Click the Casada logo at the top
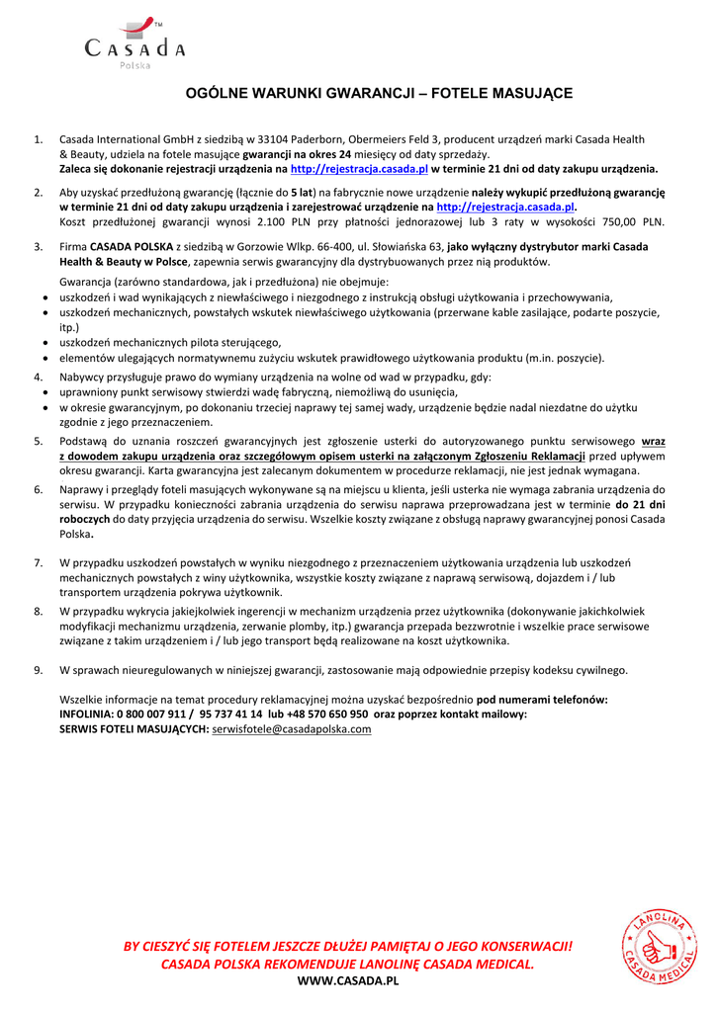pos(134,43)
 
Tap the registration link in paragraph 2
pos(505,208)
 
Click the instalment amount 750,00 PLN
pos(639,222)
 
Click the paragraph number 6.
pos(38,489)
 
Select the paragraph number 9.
pos(38,670)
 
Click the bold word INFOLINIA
pos(87,714)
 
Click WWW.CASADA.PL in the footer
pos(348,980)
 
